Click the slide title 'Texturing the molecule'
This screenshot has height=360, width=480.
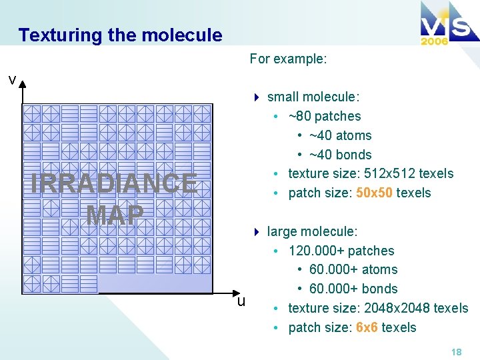tap(120, 35)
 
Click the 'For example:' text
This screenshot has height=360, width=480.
tap(288, 59)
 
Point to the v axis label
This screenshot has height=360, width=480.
tap(12, 80)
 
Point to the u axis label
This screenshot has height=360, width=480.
tap(241, 301)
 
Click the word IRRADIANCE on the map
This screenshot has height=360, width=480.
tap(114, 183)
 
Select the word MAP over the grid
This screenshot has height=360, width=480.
tap(115, 214)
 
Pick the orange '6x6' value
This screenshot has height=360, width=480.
tap(367, 328)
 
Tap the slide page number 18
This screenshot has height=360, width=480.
tap(456, 351)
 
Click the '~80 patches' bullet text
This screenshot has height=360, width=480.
tap(324, 117)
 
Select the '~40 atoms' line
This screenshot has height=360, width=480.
tap(340, 136)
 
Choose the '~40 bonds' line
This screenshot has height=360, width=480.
tap(340, 155)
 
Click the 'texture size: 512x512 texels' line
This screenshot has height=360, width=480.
tap(370, 174)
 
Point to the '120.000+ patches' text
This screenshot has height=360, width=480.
tap(341, 251)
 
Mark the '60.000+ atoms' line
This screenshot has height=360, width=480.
tap(353, 270)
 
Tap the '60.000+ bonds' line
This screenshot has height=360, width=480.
tap(353, 289)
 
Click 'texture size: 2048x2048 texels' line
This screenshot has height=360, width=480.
tap(378, 309)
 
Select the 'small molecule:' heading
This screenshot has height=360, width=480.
tap(313, 97)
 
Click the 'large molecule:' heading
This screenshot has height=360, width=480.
tap(312, 232)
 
